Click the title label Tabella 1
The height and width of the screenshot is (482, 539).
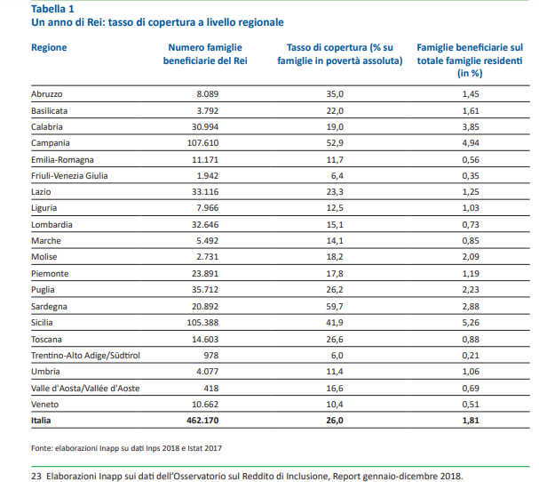(x=52, y=9)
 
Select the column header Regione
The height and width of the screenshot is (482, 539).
(x=50, y=45)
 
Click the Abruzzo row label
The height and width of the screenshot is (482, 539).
(x=48, y=93)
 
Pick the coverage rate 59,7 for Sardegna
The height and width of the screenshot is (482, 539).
(x=336, y=306)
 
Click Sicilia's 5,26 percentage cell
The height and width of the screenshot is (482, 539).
(x=471, y=322)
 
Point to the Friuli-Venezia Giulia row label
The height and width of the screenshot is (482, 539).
(x=69, y=175)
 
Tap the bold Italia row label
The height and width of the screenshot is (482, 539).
(x=41, y=420)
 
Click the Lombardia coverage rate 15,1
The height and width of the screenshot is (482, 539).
(x=336, y=224)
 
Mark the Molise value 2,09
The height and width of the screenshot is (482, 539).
(x=471, y=257)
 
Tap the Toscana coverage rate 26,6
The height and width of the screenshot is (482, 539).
(x=336, y=339)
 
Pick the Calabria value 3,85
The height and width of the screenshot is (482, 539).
(x=471, y=126)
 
